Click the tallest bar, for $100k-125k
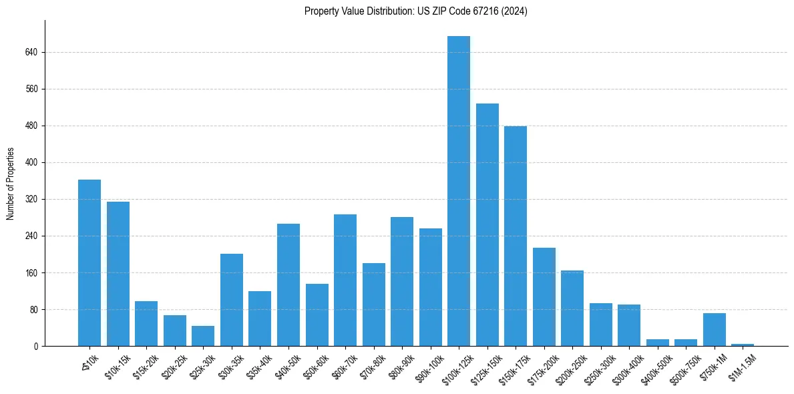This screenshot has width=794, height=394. (458, 191)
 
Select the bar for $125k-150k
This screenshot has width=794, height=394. (487, 225)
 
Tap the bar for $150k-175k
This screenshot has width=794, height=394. (515, 236)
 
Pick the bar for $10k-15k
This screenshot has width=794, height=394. (118, 274)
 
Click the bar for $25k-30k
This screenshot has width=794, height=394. (203, 336)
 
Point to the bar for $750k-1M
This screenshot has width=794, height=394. (714, 330)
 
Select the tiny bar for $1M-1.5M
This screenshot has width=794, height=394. (742, 345)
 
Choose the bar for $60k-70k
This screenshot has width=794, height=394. (345, 280)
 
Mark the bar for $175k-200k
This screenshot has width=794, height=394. (544, 297)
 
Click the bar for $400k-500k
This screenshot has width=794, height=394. (657, 343)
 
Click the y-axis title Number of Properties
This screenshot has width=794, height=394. (10, 184)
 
